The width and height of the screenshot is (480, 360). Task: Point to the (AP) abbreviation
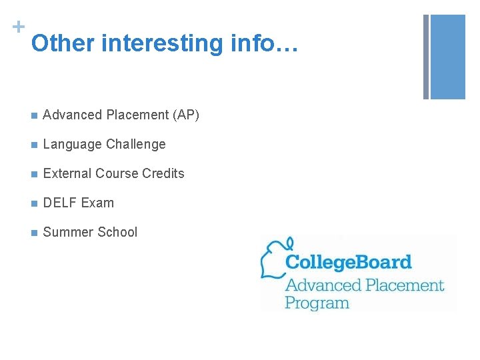(186, 115)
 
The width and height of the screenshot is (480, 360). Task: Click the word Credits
(163, 174)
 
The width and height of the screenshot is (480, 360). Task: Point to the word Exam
(98, 203)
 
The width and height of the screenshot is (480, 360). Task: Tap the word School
(117, 233)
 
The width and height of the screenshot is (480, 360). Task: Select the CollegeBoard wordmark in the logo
(349, 262)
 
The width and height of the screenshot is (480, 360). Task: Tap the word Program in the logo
(317, 303)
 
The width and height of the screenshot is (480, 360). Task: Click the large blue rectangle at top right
(447, 57)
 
